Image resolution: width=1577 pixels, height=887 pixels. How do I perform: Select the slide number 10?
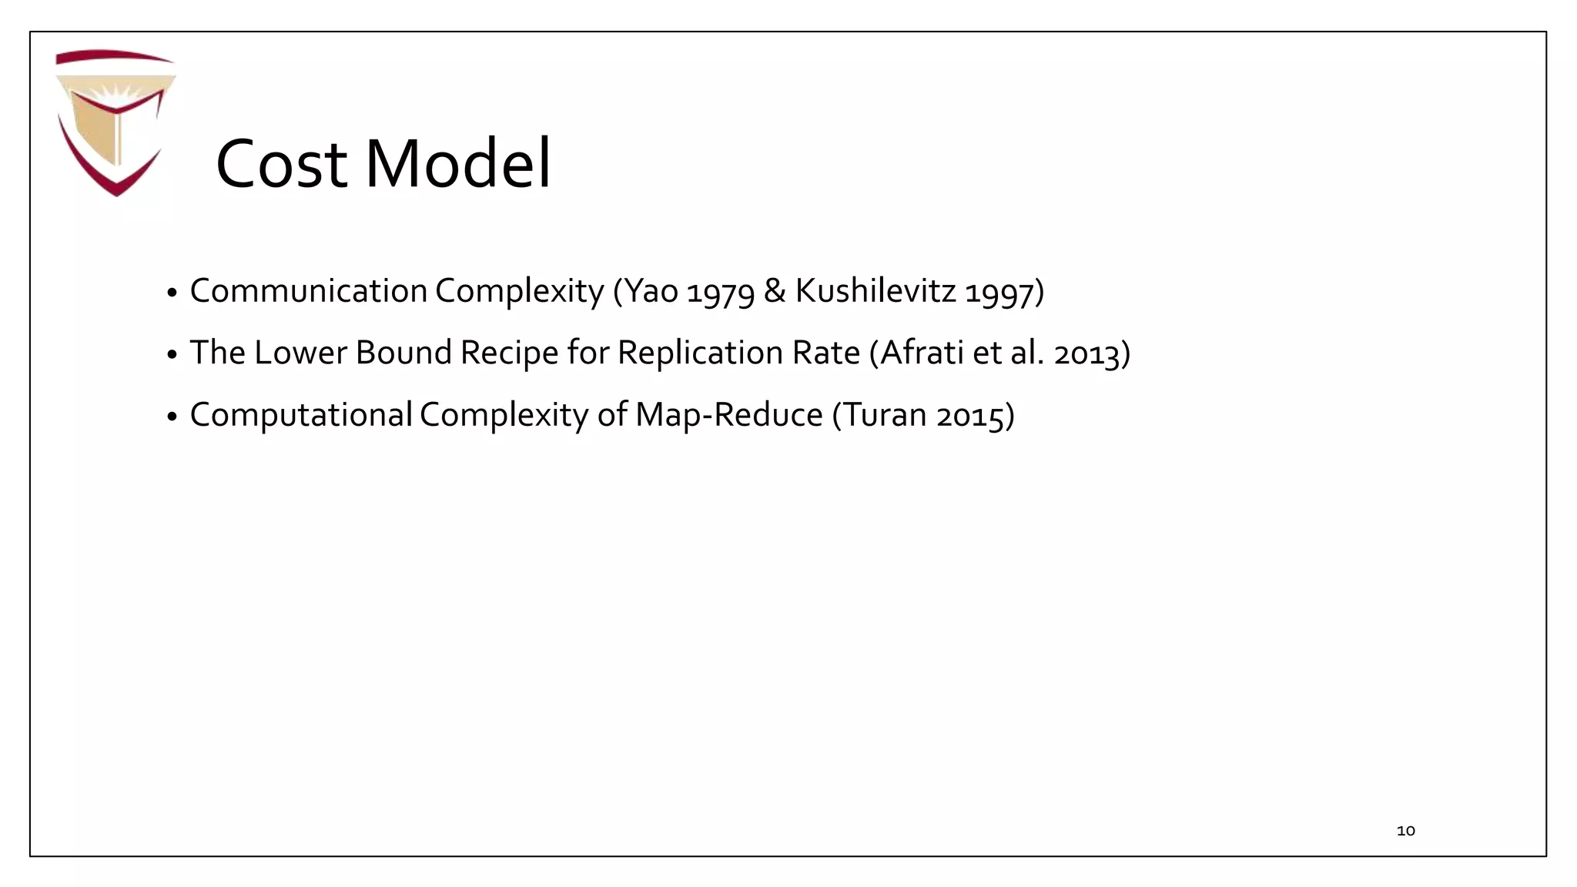pyautogui.click(x=1405, y=831)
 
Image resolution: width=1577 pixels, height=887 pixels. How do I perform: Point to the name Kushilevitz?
pyautogui.click(x=875, y=291)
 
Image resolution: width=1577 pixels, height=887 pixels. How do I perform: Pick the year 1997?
pyautogui.click(x=999, y=292)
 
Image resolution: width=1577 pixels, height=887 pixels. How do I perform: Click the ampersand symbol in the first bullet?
pyautogui.click(x=775, y=291)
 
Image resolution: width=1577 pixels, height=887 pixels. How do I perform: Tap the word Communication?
pyautogui.click(x=308, y=291)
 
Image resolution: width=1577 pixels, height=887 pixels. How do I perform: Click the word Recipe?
pyautogui.click(x=509, y=353)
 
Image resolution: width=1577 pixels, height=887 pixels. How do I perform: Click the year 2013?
pyautogui.click(x=1087, y=354)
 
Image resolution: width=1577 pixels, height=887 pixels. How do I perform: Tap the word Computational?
pyautogui.click(x=301, y=416)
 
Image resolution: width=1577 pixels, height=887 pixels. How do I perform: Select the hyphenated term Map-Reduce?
pyautogui.click(x=728, y=415)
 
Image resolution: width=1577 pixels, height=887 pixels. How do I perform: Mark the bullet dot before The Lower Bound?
pyautogui.click(x=172, y=355)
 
